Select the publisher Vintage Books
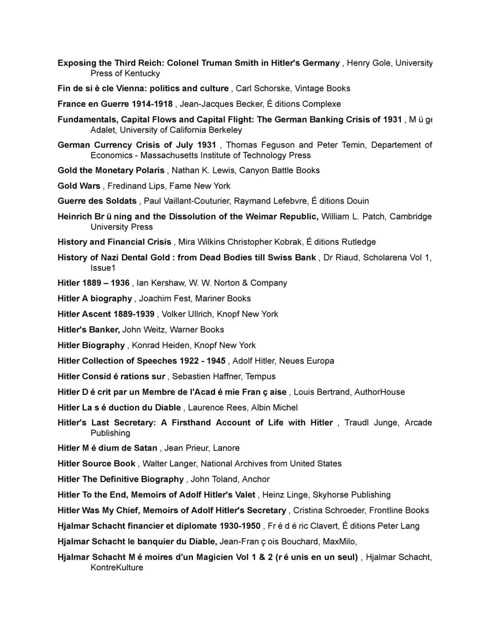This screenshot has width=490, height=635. (x=323, y=88)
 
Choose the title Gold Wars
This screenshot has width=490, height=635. (x=79, y=185)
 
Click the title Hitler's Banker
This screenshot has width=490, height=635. (x=88, y=330)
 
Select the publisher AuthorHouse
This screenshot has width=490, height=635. (x=379, y=392)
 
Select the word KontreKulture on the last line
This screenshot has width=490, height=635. (x=117, y=567)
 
